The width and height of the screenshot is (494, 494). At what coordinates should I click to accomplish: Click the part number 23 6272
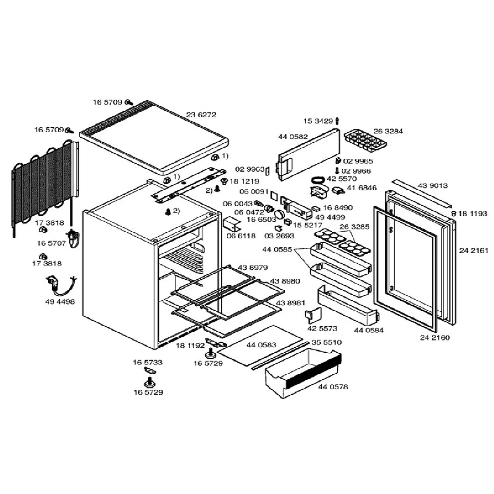[x=201, y=115]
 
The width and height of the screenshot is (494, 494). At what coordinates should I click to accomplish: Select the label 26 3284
[x=388, y=132]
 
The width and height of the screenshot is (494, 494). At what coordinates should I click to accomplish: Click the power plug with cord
[x=60, y=284]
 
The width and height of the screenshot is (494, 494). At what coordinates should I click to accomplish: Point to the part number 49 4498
[x=60, y=302]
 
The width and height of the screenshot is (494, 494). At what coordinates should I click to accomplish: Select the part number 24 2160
[x=435, y=338]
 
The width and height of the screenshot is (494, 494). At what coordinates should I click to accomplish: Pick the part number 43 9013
[x=433, y=186]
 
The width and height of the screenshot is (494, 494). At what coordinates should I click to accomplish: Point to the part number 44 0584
[x=368, y=330]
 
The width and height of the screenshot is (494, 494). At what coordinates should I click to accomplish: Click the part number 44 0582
[x=293, y=137]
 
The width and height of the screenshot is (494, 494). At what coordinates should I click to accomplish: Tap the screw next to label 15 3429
[x=338, y=121]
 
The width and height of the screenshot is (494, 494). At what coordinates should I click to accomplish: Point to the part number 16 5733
[x=147, y=363]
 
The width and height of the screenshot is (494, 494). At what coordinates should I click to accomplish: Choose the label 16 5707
[x=51, y=243]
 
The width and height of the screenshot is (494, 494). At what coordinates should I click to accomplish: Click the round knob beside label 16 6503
[x=280, y=214]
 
